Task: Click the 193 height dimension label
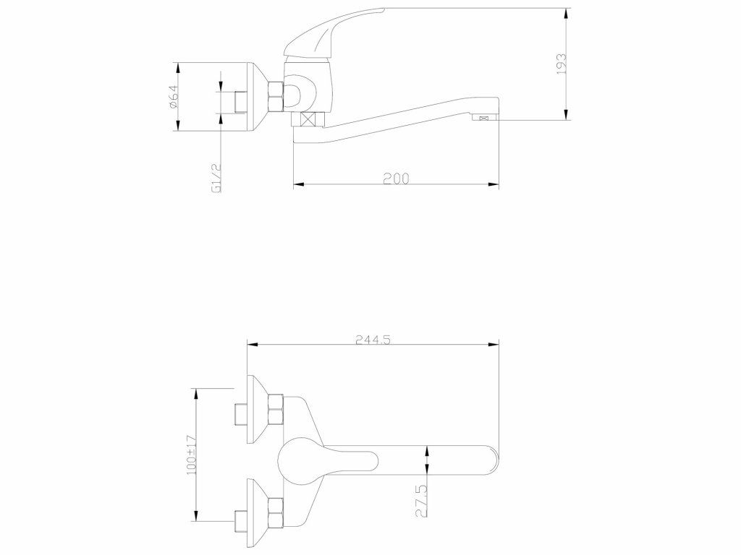click(x=562, y=64)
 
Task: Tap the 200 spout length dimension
click(x=396, y=178)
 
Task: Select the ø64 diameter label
click(x=172, y=98)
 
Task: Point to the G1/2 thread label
click(x=217, y=178)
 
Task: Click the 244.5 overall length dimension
click(x=373, y=340)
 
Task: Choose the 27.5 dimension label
click(x=422, y=502)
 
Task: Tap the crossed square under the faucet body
click(x=308, y=119)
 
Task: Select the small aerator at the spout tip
click(x=483, y=119)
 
